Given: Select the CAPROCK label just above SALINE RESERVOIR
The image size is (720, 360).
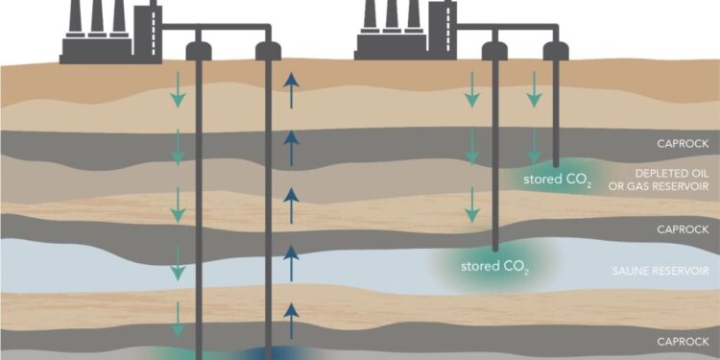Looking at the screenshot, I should coord(684,229).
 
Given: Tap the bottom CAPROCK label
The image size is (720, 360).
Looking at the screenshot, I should coord(684,341).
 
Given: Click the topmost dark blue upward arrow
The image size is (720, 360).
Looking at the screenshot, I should coord(290,91).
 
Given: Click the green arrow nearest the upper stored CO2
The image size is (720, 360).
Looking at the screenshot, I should coord(534,147).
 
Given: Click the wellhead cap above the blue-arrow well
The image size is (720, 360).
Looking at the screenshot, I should coord(267,50).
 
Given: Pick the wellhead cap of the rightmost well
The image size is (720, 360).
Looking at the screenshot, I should coord(555,50).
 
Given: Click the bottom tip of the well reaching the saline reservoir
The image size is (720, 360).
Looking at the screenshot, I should coord(493,249).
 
